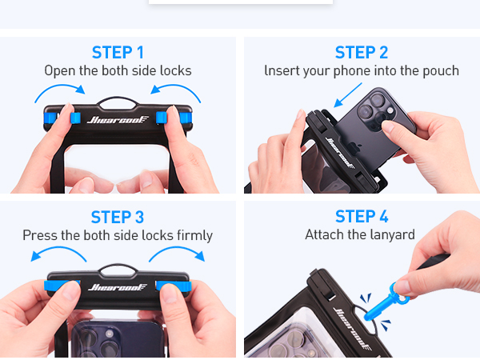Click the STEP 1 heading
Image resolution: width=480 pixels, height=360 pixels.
pos(118,52)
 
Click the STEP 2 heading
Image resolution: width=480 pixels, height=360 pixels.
pos(362,52)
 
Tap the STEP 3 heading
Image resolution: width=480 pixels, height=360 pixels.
pos(118,217)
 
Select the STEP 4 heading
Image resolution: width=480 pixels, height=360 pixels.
pos(362,217)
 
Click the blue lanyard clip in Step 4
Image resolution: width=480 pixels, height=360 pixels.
pos(386,302)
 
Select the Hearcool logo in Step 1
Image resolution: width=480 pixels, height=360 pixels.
pos(118,119)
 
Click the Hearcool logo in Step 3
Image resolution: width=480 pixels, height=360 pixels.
pos(118,287)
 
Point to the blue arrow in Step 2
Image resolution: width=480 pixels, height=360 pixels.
pos(347,95)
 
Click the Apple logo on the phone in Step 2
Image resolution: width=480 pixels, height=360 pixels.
pos(354,147)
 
